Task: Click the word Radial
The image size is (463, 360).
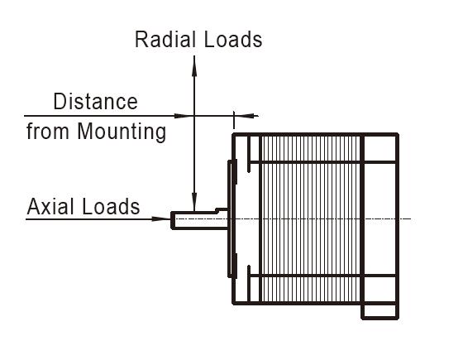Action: point(165,40)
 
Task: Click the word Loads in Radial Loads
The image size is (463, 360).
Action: point(233,40)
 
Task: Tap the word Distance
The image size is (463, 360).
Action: point(95,101)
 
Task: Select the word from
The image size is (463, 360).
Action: point(47,132)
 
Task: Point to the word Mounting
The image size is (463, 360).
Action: point(122,132)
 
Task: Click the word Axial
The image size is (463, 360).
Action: point(50,206)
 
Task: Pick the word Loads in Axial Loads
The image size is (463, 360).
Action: point(111,206)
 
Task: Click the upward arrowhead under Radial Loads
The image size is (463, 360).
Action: point(194,66)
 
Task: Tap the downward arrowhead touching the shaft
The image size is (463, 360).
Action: point(194,202)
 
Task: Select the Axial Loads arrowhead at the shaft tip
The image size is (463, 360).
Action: point(161,219)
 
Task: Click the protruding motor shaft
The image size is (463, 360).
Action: point(199,220)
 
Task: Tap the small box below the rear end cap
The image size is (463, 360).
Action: point(380,312)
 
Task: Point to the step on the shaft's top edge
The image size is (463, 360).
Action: point(217,210)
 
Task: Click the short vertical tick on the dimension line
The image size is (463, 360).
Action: point(234,120)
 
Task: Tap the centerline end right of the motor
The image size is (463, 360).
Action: point(411,219)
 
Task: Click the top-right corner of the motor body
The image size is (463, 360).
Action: point(397,134)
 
